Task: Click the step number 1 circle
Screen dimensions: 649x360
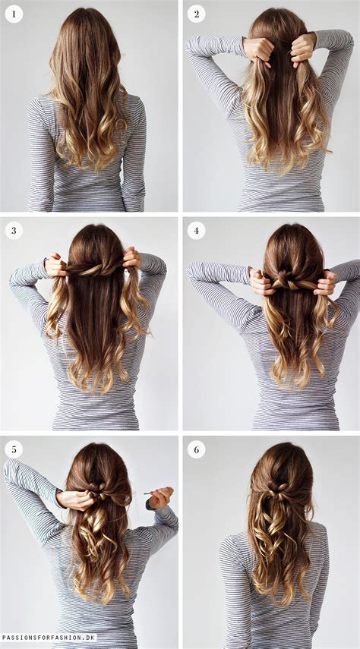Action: click(x=14, y=14)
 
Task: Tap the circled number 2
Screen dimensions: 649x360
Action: click(x=196, y=14)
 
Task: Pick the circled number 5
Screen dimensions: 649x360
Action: click(x=14, y=449)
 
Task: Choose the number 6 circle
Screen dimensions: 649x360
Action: click(x=196, y=449)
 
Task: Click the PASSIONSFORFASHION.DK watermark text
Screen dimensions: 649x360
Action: click(x=49, y=638)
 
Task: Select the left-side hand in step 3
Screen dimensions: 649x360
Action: click(x=55, y=266)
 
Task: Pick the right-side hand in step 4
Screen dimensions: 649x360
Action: click(x=327, y=284)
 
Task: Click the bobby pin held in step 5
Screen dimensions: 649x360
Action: click(x=147, y=494)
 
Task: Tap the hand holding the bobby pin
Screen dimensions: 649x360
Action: click(x=160, y=498)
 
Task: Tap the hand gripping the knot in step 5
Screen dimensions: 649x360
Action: click(x=76, y=499)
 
